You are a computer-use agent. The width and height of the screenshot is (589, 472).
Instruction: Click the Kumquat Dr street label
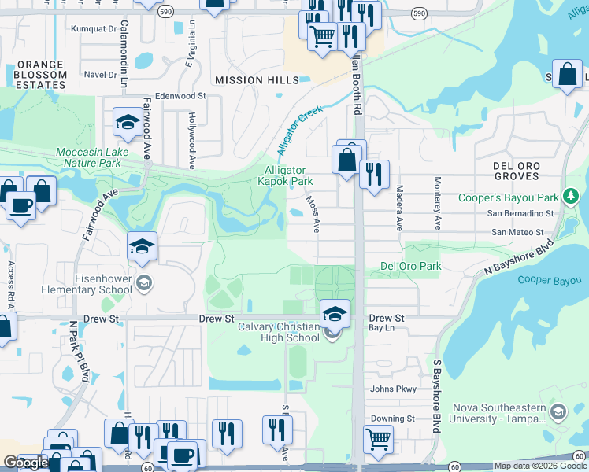[x=93, y=29]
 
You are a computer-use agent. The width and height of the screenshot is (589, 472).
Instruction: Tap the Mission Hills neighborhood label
[x=257, y=80]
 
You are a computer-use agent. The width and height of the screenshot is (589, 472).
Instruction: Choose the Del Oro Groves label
[x=517, y=171]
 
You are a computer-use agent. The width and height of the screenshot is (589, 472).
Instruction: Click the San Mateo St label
[x=517, y=232]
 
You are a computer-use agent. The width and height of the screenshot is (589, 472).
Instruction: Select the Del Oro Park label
[x=410, y=266]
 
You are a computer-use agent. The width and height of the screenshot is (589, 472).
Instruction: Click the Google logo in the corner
[x=25, y=463]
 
